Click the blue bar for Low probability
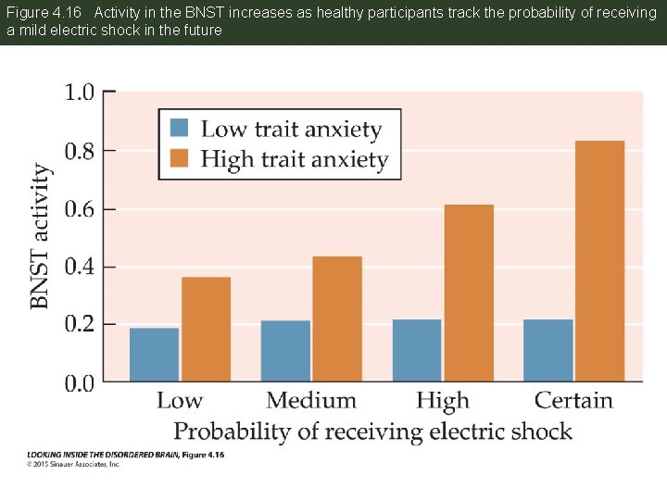coord(154,355)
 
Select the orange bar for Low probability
coord(206,330)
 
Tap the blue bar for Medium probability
coord(285,351)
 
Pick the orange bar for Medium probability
coord(337,319)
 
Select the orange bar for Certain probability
coord(599,261)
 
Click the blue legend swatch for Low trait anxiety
coord(180,128)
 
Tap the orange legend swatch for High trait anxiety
coord(180,158)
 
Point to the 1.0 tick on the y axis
coord(79,92)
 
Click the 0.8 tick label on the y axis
coord(79,150)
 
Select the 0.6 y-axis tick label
coord(79,208)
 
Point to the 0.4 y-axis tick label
coord(79,267)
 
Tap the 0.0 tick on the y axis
coord(79,381)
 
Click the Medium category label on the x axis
coord(311,401)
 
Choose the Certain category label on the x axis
coord(573,401)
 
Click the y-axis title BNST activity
coord(40,236)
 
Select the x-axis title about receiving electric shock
coord(372,431)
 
